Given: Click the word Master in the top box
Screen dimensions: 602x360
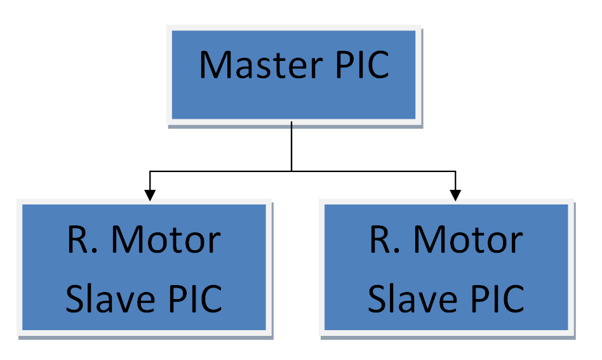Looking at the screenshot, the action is [261, 65].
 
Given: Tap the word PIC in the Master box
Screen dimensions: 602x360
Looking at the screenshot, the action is [363, 65].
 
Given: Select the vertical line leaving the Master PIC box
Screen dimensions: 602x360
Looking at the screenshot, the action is [291, 146].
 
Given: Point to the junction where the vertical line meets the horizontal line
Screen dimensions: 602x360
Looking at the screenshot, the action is [291, 171].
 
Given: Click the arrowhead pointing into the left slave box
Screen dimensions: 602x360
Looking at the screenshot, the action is [150, 196].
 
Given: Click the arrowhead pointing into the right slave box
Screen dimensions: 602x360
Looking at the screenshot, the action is [455, 196].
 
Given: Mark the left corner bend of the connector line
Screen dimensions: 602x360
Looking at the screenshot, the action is [150, 171].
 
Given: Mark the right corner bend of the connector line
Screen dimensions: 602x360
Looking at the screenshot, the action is [455, 171].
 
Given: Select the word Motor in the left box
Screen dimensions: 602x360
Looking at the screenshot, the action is [166, 240].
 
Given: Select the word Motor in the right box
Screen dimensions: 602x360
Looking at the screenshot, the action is [468, 240].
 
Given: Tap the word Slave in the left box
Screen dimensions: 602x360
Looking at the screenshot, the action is [110, 298].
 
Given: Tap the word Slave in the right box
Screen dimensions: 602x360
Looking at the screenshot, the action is [412, 298].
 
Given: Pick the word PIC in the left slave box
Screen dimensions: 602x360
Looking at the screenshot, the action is [196, 298].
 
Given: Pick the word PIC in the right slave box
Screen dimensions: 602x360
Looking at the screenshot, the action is [498, 298].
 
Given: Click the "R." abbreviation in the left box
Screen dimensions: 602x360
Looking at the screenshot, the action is [83, 240].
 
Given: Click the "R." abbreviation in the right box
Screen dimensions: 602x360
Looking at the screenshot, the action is [385, 240].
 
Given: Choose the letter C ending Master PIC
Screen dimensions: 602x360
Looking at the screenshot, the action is [377, 65].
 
